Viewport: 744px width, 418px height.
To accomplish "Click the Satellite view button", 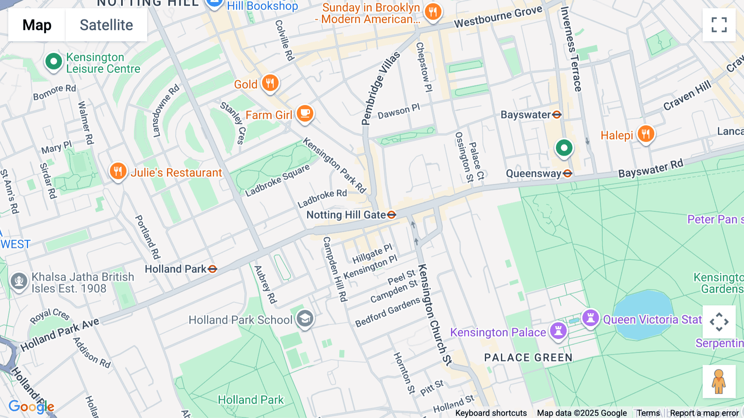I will (x=106, y=25).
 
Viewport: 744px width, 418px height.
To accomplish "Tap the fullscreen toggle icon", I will (x=719, y=25).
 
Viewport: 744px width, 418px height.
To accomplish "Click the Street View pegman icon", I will (x=719, y=382).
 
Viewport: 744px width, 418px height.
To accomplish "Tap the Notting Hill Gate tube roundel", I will (x=391, y=215).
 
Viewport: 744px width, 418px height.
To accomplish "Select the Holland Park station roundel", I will (x=212, y=269).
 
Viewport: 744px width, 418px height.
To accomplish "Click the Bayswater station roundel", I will (x=557, y=115).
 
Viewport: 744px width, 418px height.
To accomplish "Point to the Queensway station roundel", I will (x=568, y=173).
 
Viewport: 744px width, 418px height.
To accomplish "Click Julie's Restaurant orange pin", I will (x=118, y=171).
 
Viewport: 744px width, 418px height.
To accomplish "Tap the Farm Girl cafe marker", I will (x=305, y=113).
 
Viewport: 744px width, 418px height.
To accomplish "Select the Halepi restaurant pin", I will (x=645, y=134).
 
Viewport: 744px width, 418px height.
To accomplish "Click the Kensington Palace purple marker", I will (x=558, y=331).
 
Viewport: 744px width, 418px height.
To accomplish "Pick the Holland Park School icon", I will (x=305, y=319).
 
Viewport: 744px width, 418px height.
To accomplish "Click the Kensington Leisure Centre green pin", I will (x=53, y=62).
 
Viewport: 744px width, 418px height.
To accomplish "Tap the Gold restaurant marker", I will (x=270, y=83).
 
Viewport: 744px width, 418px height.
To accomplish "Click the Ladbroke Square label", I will (x=277, y=181).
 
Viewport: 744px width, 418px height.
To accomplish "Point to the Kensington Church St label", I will (x=435, y=315).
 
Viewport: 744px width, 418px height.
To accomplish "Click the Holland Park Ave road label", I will (x=60, y=334).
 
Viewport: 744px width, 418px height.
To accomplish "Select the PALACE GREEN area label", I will (x=528, y=358).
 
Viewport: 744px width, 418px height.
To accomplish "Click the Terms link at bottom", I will (x=648, y=413).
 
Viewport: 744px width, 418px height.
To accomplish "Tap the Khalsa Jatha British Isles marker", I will (x=19, y=281).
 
